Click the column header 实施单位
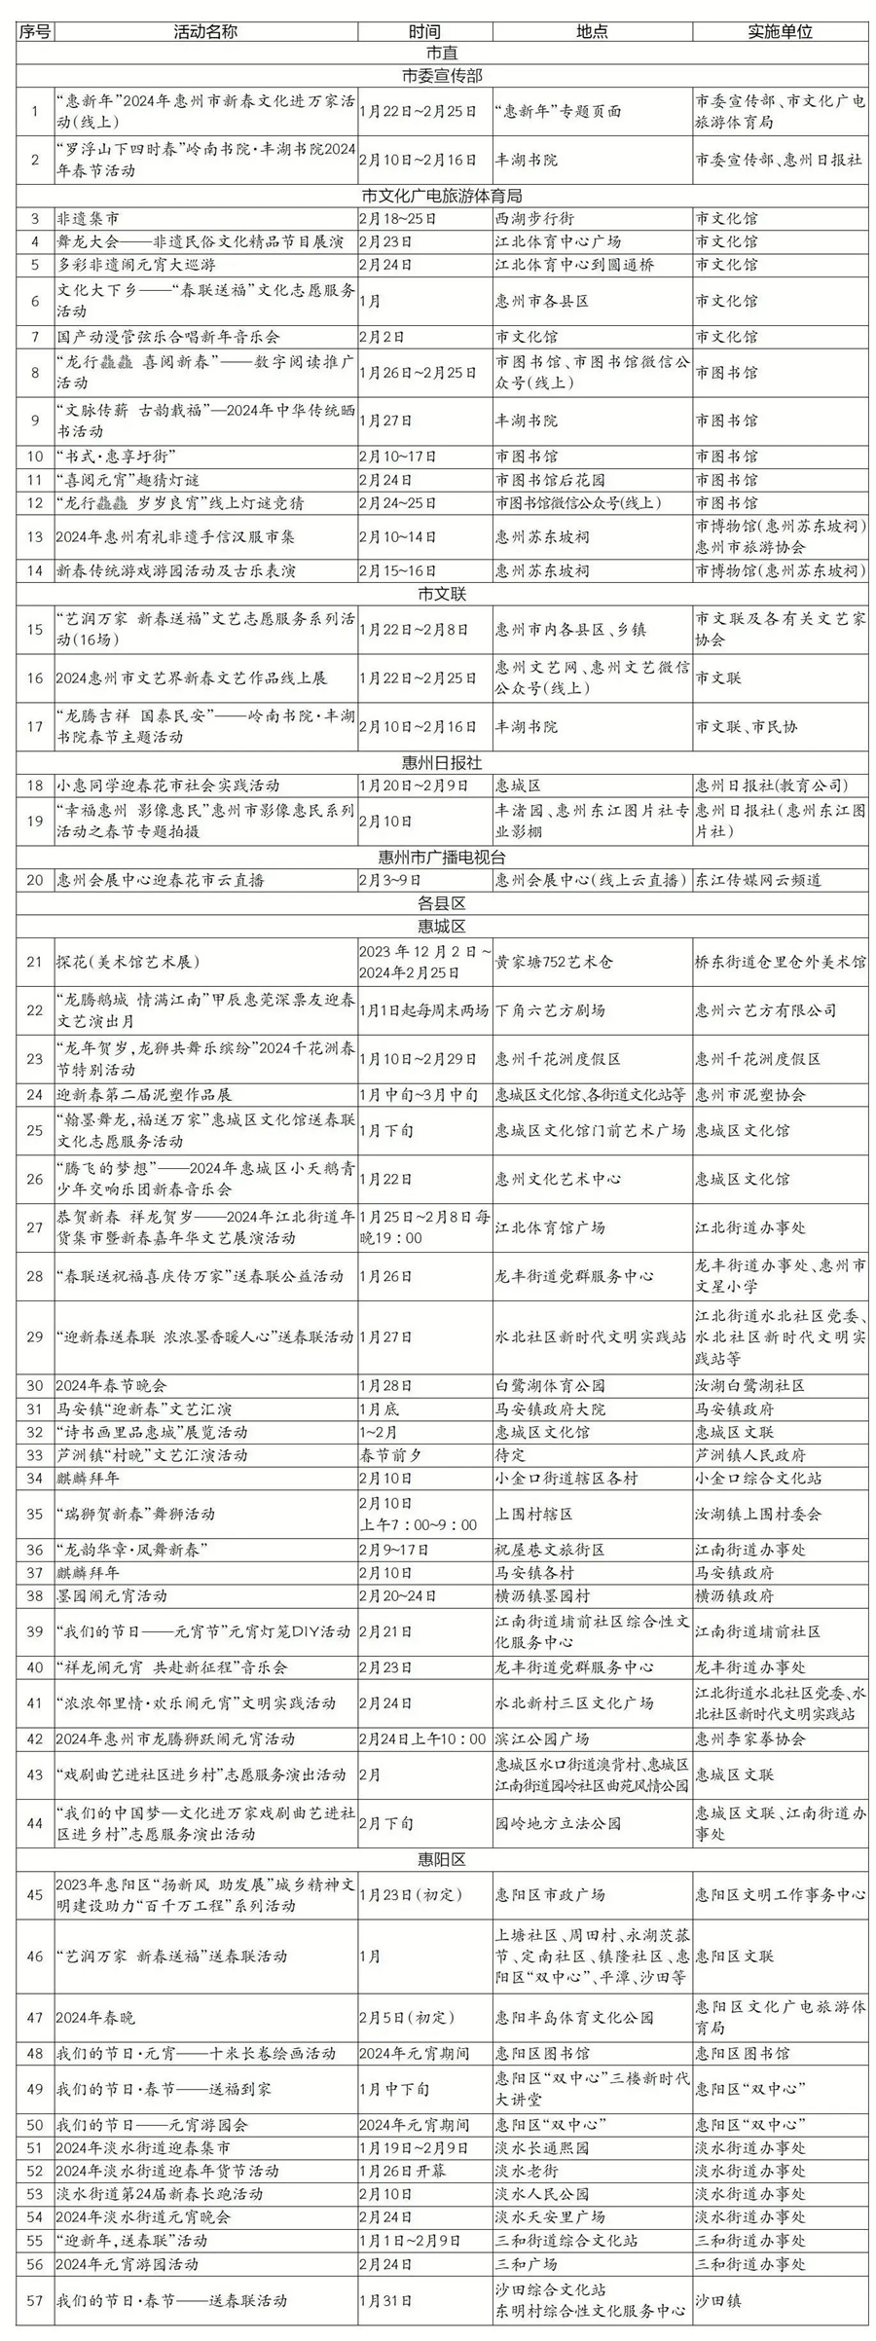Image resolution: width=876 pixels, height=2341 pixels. pos(780,31)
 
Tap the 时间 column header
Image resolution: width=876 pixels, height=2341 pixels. pos(424,31)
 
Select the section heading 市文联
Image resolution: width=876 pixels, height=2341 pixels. pos(441,593)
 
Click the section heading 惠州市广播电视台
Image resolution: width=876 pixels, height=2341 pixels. pos(441,857)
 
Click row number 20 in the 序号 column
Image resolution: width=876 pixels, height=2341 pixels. pos(35,880)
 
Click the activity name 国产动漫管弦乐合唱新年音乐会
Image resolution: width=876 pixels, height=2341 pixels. pos(167,337)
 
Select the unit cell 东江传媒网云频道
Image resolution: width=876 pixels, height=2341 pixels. pos(758,880)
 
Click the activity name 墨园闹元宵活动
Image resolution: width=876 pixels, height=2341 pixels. pos(111,1595)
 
